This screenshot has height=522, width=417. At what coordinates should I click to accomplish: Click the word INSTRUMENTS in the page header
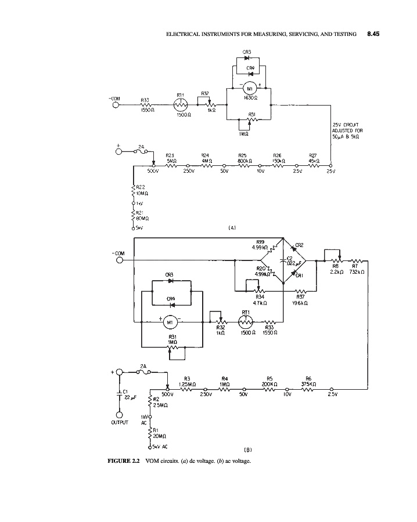tap(221, 35)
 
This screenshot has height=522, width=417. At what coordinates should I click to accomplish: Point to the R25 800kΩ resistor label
tap(243, 158)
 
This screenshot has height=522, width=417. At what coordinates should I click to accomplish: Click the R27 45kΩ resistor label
tap(313, 158)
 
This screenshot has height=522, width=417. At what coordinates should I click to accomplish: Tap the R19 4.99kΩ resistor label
tap(260, 245)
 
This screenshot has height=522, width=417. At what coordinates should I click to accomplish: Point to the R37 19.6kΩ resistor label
tap(300, 300)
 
